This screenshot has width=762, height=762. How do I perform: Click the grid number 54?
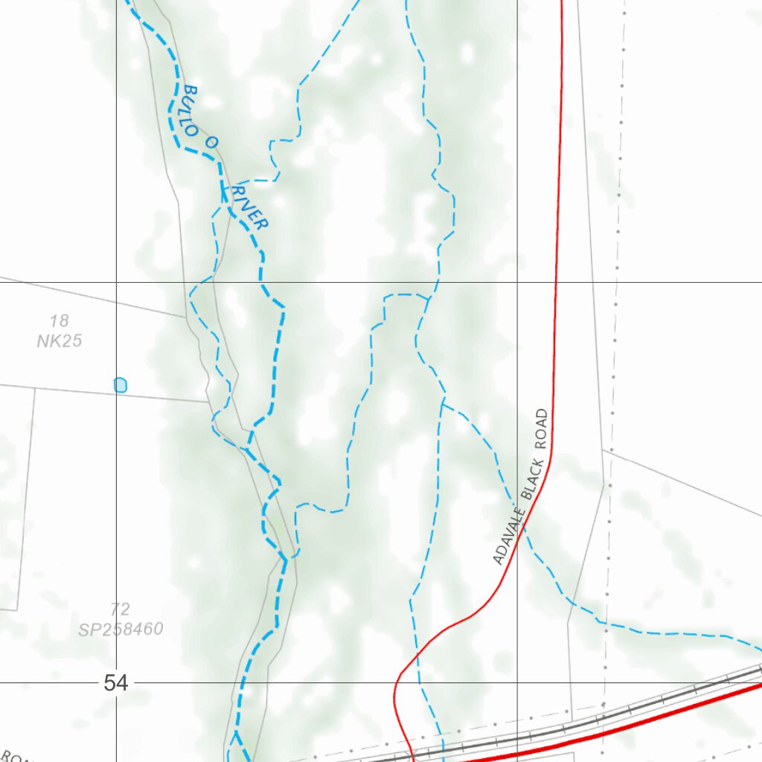[x=115, y=682]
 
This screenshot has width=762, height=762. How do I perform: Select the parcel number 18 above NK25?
[x=60, y=321]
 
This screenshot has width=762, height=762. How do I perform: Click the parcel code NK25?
[x=59, y=341]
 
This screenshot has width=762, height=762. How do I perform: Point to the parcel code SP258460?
[x=121, y=630]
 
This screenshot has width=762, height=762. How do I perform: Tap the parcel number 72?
[x=120, y=610]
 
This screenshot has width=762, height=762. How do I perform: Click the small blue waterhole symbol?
[x=121, y=385]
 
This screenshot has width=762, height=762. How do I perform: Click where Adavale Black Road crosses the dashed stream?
[x=523, y=525]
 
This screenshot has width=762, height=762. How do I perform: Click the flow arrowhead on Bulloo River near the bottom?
[x=237, y=737]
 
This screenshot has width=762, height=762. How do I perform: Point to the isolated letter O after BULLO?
[x=211, y=142]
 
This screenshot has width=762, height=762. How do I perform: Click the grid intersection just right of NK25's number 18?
[x=116, y=283]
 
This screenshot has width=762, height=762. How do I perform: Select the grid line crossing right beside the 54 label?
[x=116, y=682]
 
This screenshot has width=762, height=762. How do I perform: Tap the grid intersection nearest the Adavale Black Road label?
[x=518, y=283]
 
